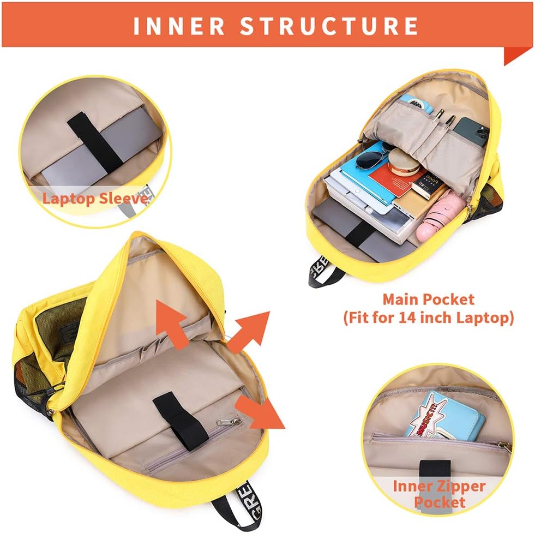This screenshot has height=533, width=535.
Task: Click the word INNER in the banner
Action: click(179, 26)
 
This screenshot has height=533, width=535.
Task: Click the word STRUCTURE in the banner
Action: click(329, 26)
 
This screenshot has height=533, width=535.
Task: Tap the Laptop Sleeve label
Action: click(95, 199)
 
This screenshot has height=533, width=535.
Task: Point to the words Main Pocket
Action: click(428, 300)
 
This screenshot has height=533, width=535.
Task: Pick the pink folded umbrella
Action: click(440, 217)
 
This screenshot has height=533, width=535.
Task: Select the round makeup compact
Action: click(405, 163)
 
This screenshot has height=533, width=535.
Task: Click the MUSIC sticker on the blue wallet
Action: click(428, 415)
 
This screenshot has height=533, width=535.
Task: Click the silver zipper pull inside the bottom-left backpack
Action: click(229, 422)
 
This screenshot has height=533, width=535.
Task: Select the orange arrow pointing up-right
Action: click(249, 332)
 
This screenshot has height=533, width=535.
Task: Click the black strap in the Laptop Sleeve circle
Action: click(95, 142)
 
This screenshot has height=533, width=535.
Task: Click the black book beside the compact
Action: click(429, 185)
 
